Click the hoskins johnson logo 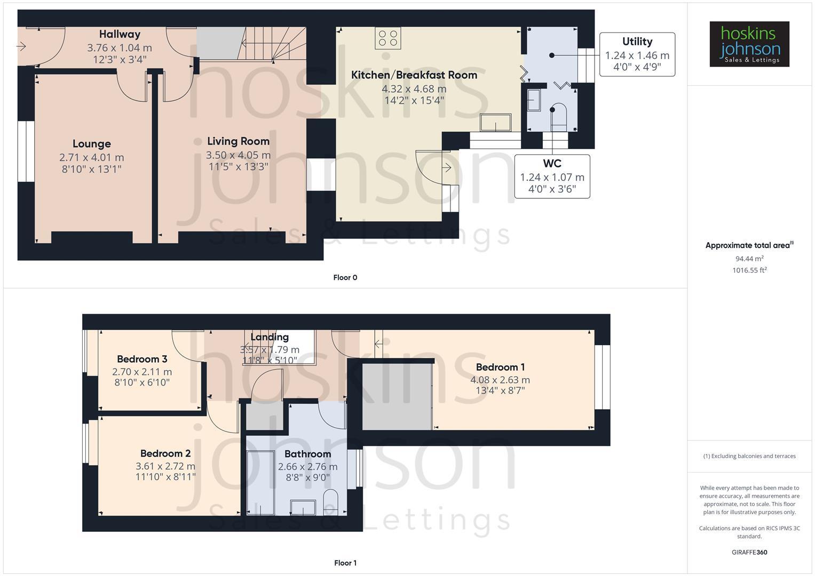[749, 44]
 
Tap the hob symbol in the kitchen [388, 38]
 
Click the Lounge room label [92, 144]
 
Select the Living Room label [238, 141]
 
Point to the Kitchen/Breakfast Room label [414, 75]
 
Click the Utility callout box [637, 54]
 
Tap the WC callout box [552, 177]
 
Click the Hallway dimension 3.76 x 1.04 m [120, 48]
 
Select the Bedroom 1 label [500, 367]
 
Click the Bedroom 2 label [165, 453]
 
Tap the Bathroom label [307, 454]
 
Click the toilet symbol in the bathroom [331, 501]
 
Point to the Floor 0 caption [345, 277]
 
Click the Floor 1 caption [345, 563]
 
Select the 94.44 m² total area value [749, 259]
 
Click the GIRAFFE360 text [749, 553]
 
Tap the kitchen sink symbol [495, 123]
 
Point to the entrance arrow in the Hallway [21, 47]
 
